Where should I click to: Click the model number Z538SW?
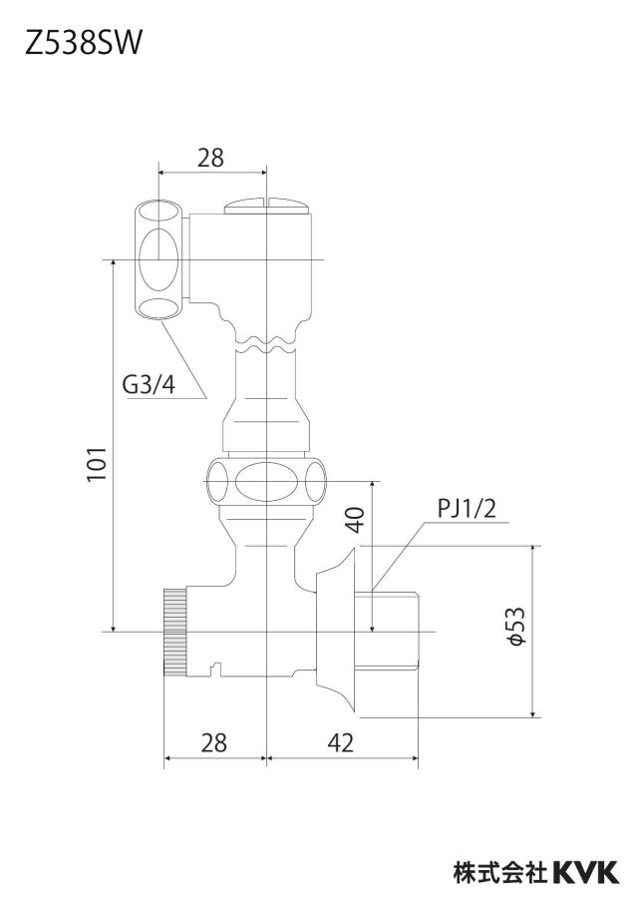point(83,43)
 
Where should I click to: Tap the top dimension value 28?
point(211,157)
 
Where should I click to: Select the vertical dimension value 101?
point(98,465)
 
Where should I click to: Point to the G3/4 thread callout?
point(149,384)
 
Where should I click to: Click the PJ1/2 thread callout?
point(467,509)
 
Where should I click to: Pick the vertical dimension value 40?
point(355,520)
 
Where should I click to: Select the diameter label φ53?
point(516,626)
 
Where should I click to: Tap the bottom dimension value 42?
point(340,743)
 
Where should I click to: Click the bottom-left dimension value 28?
point(213,743)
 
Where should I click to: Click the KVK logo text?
point(587,871)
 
